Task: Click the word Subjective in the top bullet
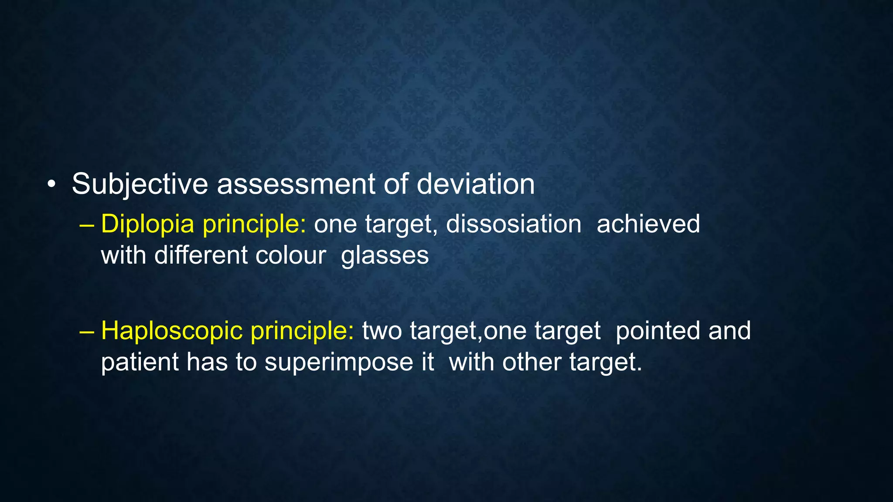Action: click(140, 184)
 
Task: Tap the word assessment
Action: click(296, 184)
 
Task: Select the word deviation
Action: click(475, 184)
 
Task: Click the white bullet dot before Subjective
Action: click(52, 184)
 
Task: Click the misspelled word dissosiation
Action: click(513, 224)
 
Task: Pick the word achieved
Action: click(648, 224)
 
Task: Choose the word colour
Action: click(290, 255)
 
